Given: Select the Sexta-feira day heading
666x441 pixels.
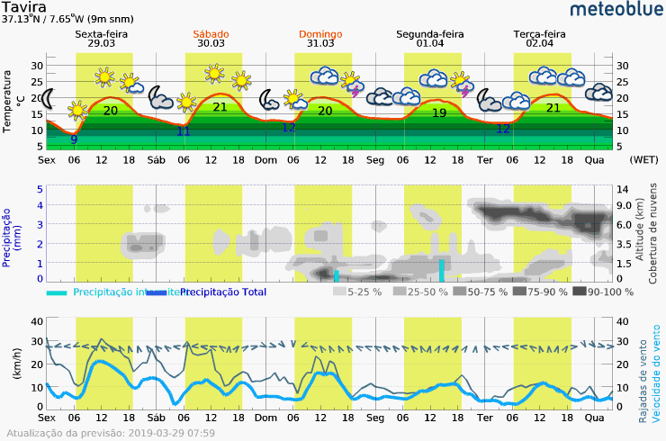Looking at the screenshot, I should tap(102, 34).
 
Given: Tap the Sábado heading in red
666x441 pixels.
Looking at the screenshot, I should tap(211, 34).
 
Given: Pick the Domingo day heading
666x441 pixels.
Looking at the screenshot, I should tap(319, 34).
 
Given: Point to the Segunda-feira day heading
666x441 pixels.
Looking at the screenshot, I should tap(430, 34).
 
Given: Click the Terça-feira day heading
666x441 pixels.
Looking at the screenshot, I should tap(540, 34).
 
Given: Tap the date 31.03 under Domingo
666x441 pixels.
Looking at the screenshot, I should tap(319, 43).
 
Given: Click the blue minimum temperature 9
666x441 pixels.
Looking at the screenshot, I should tap(74, 139).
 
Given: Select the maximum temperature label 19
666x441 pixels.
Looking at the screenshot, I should tap(439, 112).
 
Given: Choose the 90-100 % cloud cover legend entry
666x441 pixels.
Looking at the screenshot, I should tap(604, 292).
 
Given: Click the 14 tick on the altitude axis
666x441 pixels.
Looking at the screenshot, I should tap(621, 189).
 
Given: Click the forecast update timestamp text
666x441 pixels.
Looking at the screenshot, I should tap(112, 433).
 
